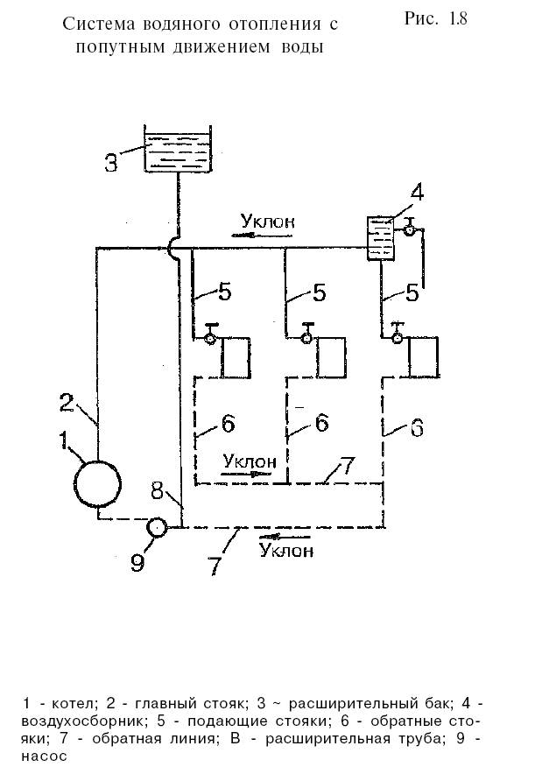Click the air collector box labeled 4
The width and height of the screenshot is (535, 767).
(x=380, y=237)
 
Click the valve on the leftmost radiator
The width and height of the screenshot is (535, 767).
(x=211, y=337)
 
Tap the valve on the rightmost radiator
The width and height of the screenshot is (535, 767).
(x=398, y=337)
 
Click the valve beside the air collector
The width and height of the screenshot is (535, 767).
(x=408, y=229)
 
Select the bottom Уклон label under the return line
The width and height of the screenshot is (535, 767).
(x=286, y=552)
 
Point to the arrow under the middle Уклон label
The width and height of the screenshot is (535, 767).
(x=246, y=472)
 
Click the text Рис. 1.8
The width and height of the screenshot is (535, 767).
(x=435, y=19)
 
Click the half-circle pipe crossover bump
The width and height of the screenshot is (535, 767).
(x=174, y=248)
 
